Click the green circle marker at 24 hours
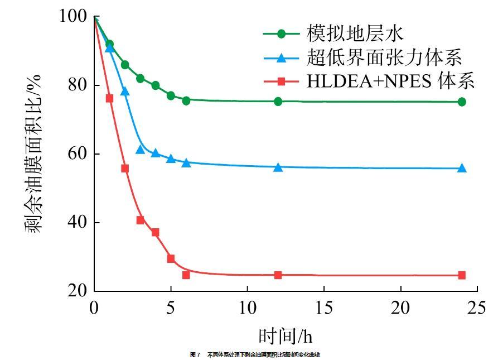click(x=462, y=102)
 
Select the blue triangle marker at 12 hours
click(x=278, y=167)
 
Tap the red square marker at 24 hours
click(x=462, y=275)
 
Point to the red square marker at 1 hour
click(x=109, y=98)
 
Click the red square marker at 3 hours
click(x=140, y=220)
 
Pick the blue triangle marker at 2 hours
click(x=125, y=91)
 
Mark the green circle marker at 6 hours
click(x=186, y=100)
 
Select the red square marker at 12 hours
click(x=278, y=275)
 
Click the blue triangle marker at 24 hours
click(x=462, y=168)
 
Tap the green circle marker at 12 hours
click(x=278, y=101)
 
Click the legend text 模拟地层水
click(x=354, y=33)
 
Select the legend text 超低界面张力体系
click(x=384, y=57)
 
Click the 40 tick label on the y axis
click(x=78, y=222)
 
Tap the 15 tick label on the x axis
click(x=324, y=308)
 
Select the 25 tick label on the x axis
click(x=477, y=308)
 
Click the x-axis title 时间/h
click(x=285, y=335)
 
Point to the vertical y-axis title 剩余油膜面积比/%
click(x=33, y=153)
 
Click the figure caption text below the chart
click(x=255, y=354)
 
